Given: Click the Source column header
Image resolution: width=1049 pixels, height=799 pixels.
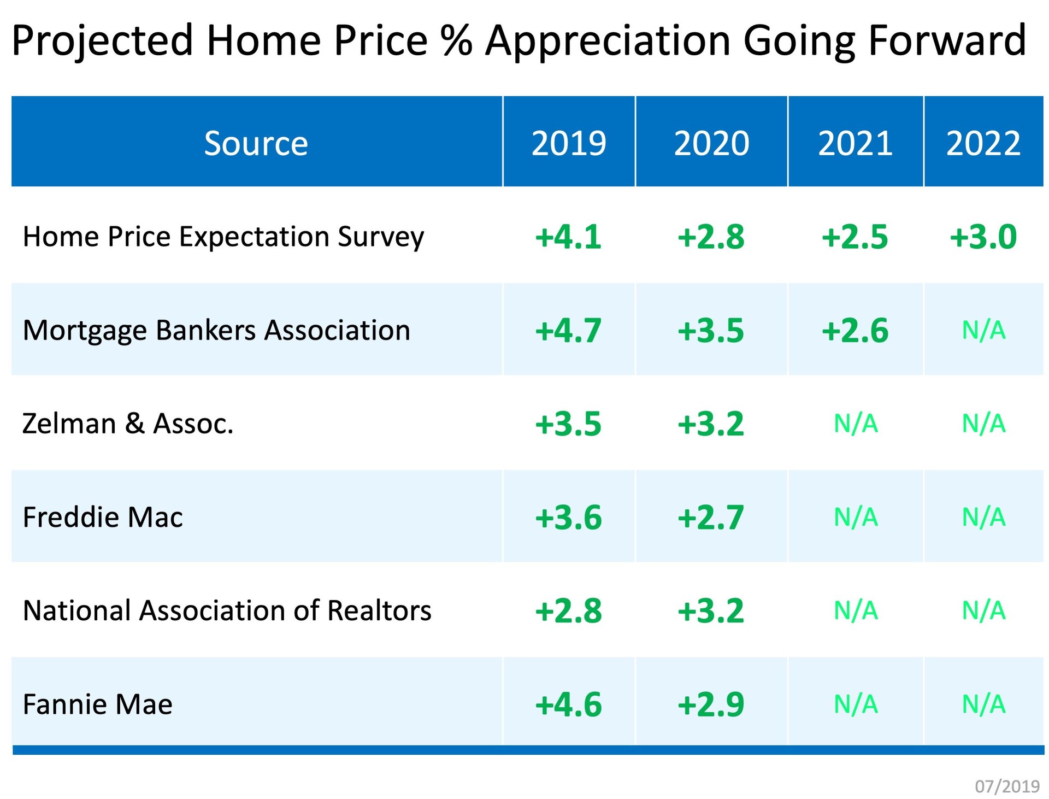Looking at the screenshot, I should click(256, 143).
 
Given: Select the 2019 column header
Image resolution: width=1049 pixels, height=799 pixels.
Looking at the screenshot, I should click(568, 143).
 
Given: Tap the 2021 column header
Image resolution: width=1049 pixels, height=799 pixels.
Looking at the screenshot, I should click(855, 143).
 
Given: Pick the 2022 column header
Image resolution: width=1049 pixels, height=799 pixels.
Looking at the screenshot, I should click(983, 143).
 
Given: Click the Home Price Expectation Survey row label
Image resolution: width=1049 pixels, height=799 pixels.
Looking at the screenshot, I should click(223, 237).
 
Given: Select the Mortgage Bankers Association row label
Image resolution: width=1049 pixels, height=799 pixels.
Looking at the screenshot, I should click(216, 330).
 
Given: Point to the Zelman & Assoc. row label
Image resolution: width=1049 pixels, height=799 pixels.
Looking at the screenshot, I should click(128, 424).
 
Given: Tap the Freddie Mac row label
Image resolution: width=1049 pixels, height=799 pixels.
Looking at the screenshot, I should click(103, 517).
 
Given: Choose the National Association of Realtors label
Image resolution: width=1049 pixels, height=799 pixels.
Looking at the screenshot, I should click(227, 610).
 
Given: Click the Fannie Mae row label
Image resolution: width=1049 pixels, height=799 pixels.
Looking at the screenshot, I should click(98, 704).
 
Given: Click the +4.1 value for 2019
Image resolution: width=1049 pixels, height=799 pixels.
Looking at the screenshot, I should click(568, 237).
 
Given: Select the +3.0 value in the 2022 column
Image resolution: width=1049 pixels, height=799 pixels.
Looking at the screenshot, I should click(983, 237).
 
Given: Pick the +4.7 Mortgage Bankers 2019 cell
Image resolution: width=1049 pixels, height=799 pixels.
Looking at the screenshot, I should click(568, 331).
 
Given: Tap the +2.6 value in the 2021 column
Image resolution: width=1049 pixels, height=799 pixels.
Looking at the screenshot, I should click(855, 331).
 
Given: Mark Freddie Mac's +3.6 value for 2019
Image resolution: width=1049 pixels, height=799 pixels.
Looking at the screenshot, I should click(568, 518).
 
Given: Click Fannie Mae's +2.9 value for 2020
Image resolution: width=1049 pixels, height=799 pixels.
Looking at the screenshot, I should click(711, 704).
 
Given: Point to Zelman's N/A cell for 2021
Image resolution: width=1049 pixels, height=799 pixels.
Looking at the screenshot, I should click(856, 424).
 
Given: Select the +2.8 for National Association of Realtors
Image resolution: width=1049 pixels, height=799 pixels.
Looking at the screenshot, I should click(568, 611).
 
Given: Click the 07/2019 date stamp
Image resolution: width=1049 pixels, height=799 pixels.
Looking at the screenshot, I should click(1007, 786).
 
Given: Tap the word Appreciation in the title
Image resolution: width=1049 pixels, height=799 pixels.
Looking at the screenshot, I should click(608, 40).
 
